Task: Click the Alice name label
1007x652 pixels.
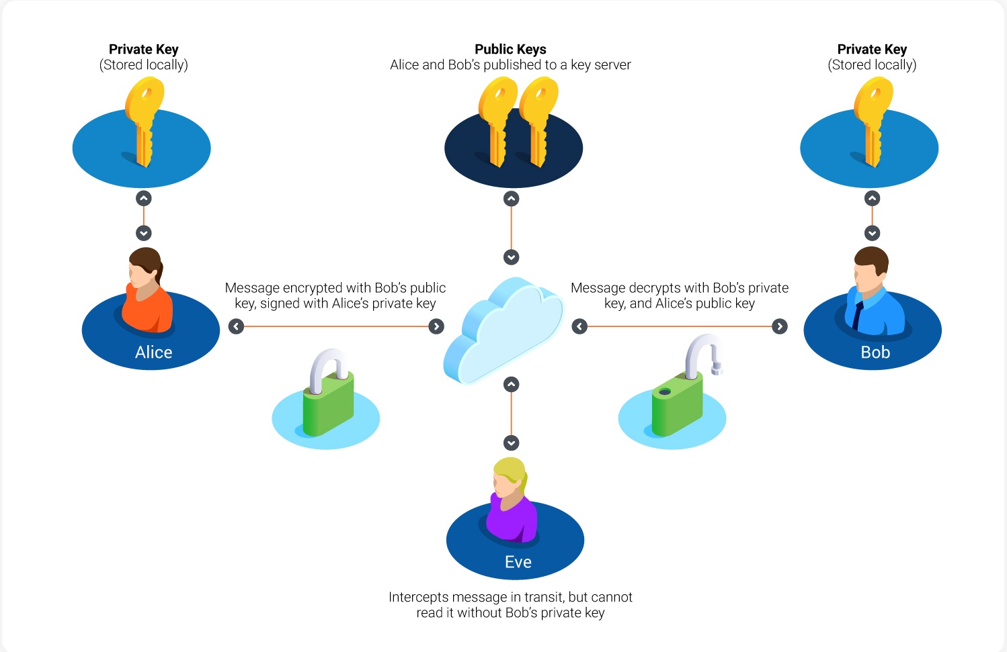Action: click(154, 352)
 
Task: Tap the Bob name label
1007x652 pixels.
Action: click(875, 352)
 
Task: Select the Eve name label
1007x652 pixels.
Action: click(518, 562)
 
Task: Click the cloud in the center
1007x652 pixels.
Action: click(503, 332)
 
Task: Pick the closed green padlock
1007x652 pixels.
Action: click(328, 393)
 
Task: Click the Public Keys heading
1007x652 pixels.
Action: click(510, 49)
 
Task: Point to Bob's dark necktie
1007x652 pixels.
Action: click(857, 315)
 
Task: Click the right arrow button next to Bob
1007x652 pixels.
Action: click(780, 326)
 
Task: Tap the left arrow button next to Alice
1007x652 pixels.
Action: click(236, 326)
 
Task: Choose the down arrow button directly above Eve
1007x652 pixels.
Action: click(511, 443)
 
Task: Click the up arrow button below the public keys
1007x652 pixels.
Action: click(511, 199)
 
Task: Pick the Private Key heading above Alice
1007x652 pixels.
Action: click(143, 49)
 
